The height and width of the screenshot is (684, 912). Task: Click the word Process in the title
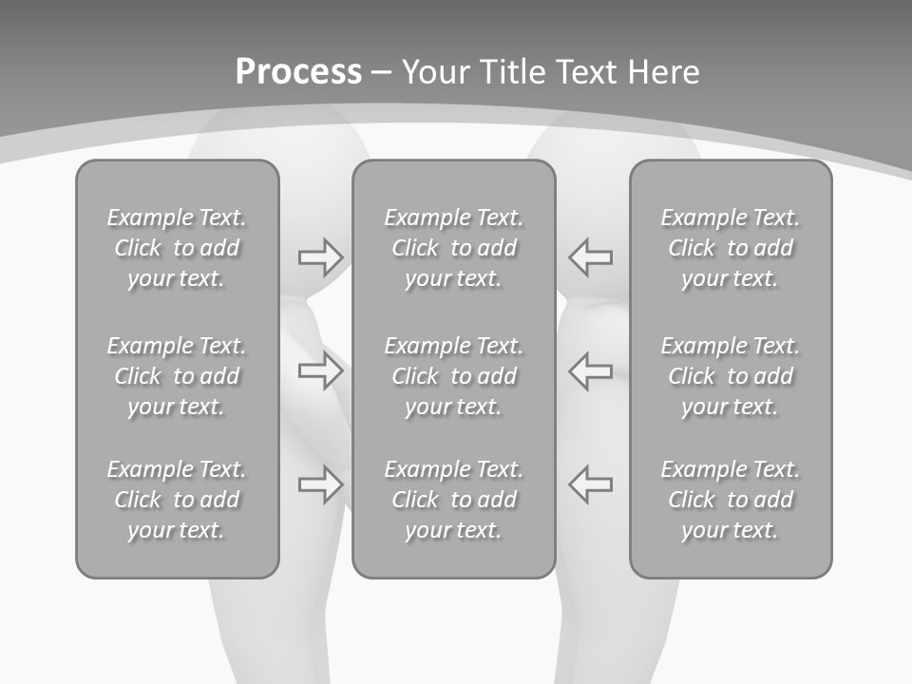pos(298,72)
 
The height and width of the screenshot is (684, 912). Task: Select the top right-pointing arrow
pos(320,256)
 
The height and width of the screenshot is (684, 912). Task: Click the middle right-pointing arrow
pos(320,370)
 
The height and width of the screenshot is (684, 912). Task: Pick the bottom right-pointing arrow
pos(320,484)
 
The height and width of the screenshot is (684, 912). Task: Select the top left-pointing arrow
pos(590,256)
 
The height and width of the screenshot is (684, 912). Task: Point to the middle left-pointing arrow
pos(590,370)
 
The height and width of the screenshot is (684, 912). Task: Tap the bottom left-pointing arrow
pos(590,484)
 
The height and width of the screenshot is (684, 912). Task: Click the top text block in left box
pos(177,248)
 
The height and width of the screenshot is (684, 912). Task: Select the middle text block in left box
pos(177,376)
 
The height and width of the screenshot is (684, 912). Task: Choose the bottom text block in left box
pos(177,500)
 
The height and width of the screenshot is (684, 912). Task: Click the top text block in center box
pos(453,248)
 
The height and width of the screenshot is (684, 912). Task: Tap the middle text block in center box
pos(453,376)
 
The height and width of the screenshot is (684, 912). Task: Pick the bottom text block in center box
pos(453,500)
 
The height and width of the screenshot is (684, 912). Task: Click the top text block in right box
pos(730,248)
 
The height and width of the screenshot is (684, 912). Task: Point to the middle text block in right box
pos(730,376)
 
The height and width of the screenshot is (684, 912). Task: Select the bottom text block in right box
pos(730,500)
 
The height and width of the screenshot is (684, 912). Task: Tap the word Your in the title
pos(434,72)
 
